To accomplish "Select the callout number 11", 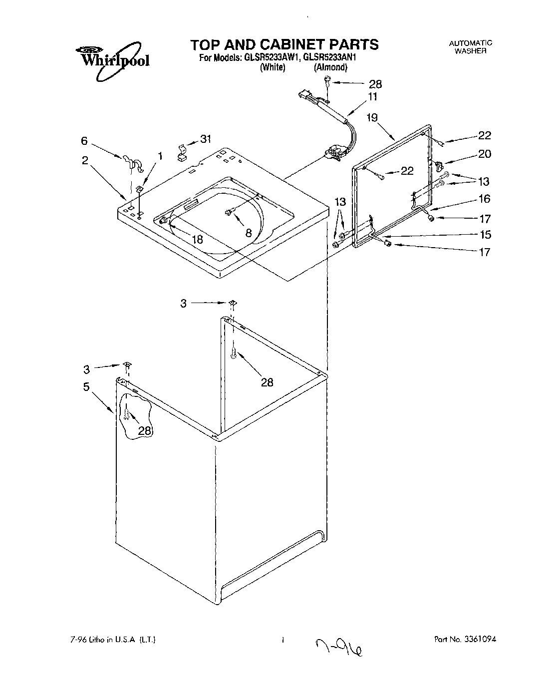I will coord(373,97).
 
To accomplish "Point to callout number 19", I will coord(372,118).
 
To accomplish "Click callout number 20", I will coord(484,154).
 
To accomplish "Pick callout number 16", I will coord(484,199).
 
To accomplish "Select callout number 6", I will coord(85,141).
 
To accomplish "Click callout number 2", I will coord(85,160).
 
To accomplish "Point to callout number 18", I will coord(198,239).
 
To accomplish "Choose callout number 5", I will coord(86,387).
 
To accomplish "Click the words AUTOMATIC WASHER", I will coord(471,47).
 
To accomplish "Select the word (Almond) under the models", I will coord(330,68).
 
